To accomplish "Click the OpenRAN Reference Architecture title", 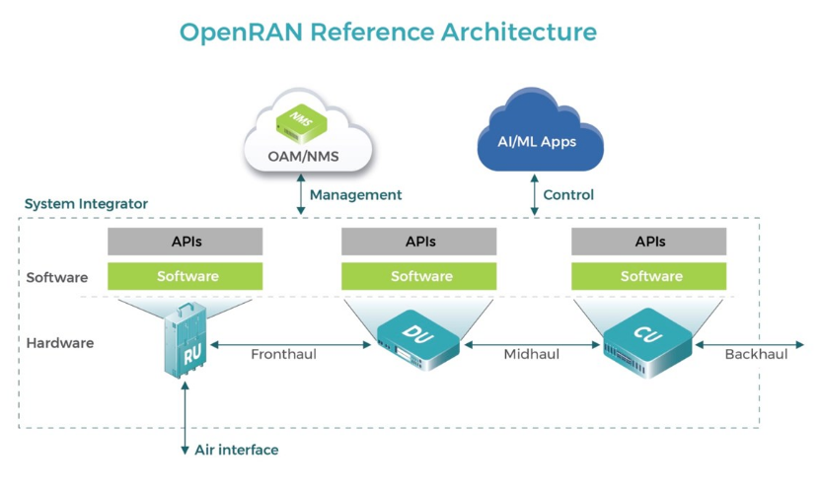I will tap(388, 32).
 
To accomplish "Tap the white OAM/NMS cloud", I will tap(307, 144).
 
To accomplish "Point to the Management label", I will tap(355, 195).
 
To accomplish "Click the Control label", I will tap(568, 195).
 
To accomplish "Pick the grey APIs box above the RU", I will tap(185, 242).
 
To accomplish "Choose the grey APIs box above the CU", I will tap(649, 242).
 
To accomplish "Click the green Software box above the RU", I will tap(185, 276).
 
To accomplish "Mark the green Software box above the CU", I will tap(649, 276).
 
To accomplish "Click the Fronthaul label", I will tap(283, 354).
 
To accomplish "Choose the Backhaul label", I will tap(756, 354).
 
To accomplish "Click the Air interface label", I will tap(236, 451).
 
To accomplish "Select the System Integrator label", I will tap(86, 204).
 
